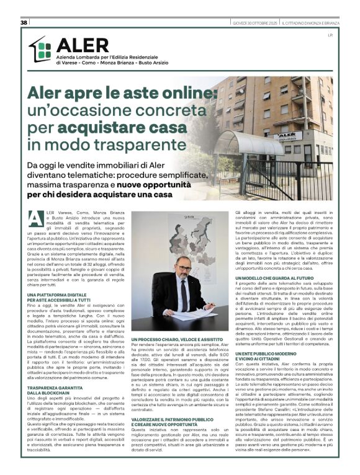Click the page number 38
pos(24,22)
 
